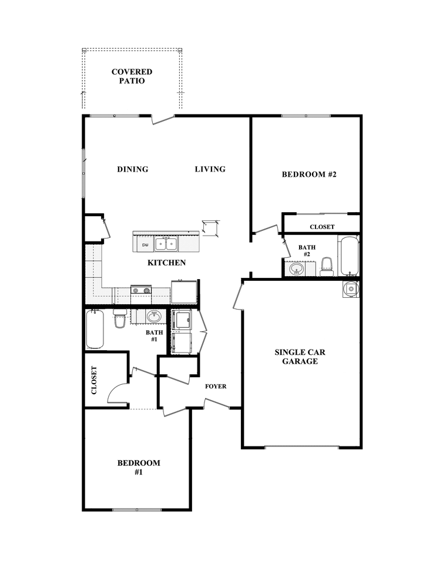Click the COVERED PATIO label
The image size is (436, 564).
132,76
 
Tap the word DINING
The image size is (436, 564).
132,169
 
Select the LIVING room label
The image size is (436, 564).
210,169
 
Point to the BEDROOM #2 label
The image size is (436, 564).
308,174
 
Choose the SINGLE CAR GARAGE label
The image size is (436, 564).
300,357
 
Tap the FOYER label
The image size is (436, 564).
215,386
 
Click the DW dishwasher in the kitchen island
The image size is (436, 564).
145,244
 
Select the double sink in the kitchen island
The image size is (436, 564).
166,243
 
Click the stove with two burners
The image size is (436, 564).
141,290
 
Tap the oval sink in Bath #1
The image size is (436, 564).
154,316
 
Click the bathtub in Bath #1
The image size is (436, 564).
95,329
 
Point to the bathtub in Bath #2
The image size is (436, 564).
349,255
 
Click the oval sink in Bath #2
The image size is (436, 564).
297,270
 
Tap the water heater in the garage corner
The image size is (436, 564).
351,288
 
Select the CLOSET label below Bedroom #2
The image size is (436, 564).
322,227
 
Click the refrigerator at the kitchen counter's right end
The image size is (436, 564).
183,291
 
